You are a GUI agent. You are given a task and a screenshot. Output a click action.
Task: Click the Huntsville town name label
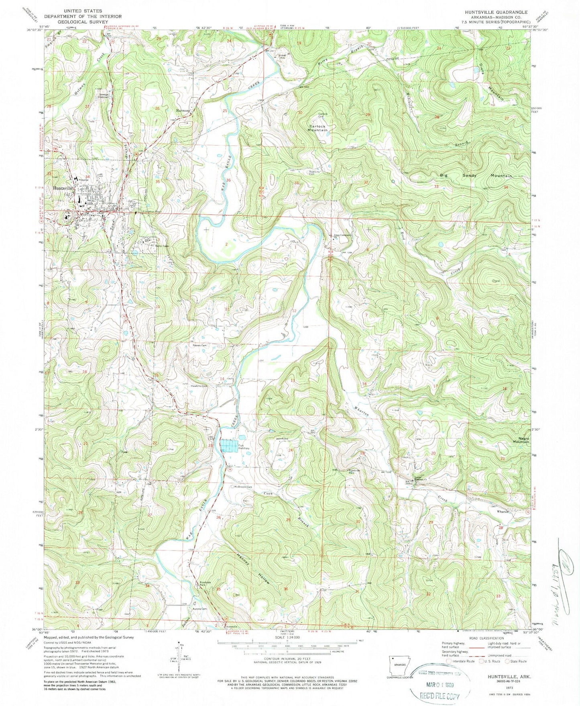point(61,188)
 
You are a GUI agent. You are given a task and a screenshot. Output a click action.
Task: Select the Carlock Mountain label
point(318,128)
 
